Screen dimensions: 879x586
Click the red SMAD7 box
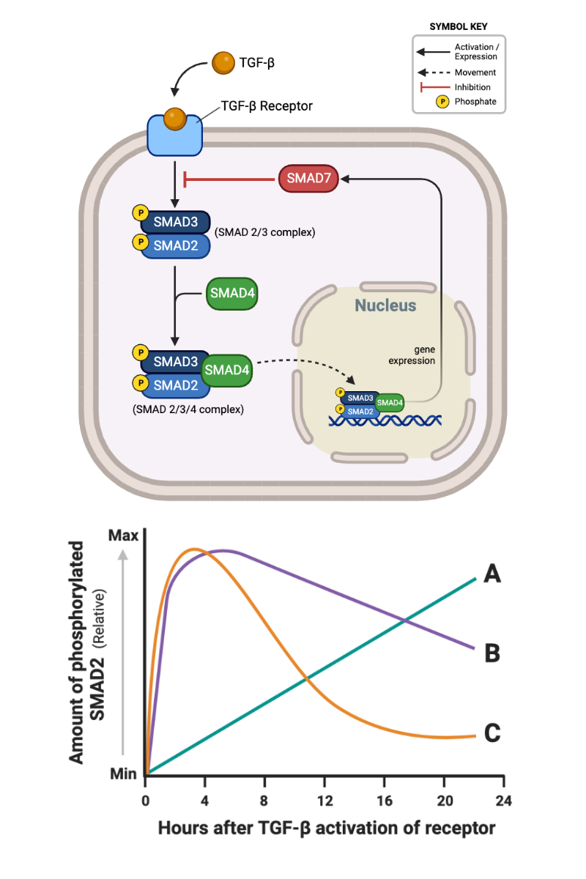point(308,179)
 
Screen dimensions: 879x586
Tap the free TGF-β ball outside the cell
point(223,63)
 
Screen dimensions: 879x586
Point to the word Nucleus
point(385,305)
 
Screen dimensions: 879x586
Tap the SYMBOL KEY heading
point(459,26)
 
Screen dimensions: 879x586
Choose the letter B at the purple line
point(492,653)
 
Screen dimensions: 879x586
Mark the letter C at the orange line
point(492,732)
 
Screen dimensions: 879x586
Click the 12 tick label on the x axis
point(324,799)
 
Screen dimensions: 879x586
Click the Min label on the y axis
point(124,773)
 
